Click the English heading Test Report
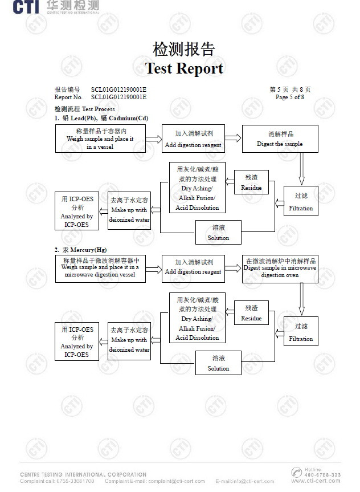click(x=184, y=68)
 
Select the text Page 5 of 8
click(x=289, y=97)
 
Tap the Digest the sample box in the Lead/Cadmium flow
click(x=280, y=139)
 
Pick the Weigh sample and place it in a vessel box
click(x=100, y=139)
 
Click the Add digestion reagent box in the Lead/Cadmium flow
click(x=193, y=139)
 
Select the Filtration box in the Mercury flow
click(x=301, y=332)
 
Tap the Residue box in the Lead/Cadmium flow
click(x=251, y=182)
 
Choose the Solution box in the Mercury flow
click(x=218, y=363)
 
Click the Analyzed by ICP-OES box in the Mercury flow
click(x=76, y=341)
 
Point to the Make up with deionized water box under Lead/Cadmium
click(x=129, y=210)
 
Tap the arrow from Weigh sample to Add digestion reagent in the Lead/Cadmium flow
click(x=154, y=139)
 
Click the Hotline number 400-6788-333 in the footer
click(x=322, y=474)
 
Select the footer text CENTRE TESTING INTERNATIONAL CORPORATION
click(x=83, y=474)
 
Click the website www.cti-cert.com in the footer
click(x=316, y=481)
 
